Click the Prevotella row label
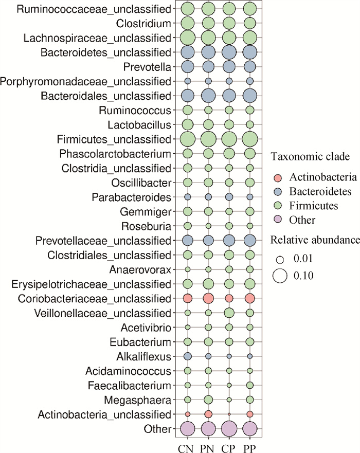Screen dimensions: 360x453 click(147, 67)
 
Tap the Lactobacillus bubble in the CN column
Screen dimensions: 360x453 click(188, 125)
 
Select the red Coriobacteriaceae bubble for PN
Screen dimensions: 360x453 click(208, 298)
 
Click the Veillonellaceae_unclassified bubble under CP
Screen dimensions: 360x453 click(229, 313)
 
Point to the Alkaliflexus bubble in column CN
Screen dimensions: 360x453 click(188, 356)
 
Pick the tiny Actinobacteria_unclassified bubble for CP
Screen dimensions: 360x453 click(229, 414)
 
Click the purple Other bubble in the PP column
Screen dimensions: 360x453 click(250, 429)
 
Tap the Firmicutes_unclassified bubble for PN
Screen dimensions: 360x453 click(208, 139)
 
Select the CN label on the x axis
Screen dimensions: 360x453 click(186, 449)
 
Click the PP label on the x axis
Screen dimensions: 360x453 click(249, 449)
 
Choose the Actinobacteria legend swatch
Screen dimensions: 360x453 click(278, 177)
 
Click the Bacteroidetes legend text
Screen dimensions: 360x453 click(320, 191)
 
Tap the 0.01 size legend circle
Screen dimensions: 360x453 click(280, 260)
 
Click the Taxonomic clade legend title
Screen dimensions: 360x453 click(310, 157)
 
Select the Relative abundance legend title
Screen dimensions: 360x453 click(315, 240)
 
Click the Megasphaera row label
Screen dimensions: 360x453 click(137, 400)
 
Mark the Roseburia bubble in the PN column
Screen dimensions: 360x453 click(208, 226)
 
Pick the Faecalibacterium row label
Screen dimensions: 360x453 click(130, 386)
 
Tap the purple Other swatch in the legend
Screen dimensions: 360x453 click(278, 220)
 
